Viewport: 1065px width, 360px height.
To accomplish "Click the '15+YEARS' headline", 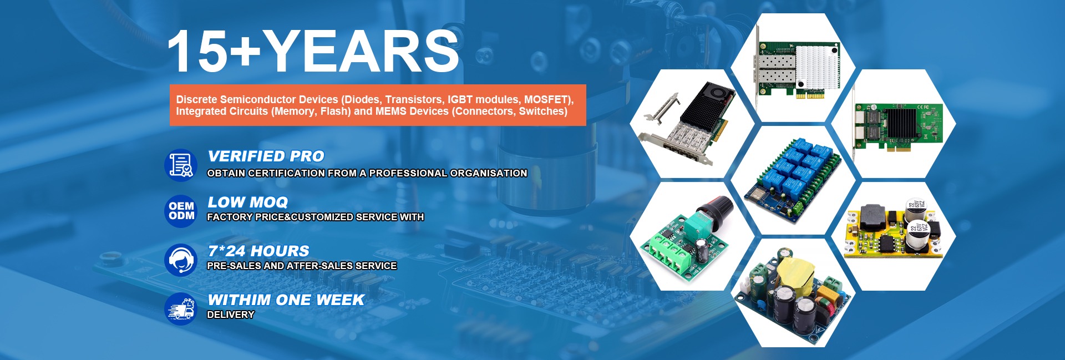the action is (x=313, y=51).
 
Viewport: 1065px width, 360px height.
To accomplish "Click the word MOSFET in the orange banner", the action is (x=546, y=100).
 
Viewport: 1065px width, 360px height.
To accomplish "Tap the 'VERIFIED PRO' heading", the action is (x=266, y=156).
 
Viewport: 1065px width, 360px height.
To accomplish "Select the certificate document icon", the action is (x=181, y=165).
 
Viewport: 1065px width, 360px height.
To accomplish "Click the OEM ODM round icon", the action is (x=181, y=211).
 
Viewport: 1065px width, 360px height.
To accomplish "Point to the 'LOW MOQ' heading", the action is (x=247, y=202).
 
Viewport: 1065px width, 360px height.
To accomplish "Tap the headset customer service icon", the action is (x=181, y=260).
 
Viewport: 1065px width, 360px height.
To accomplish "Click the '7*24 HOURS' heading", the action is (x=258, y=251).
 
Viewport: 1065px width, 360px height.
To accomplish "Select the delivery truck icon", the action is (x=181, y=308).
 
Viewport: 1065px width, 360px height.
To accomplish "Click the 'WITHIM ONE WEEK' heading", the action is (x=286, y=300).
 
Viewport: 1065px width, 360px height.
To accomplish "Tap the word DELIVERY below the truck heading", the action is (x=231, y=315).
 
